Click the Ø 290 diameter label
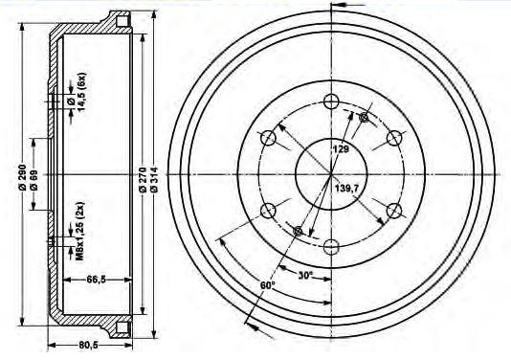[22, 175]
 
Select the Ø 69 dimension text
[33, 180]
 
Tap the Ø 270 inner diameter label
[143, 180]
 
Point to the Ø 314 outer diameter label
[154, 179]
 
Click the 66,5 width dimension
[97, 280]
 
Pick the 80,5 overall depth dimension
[88, 345]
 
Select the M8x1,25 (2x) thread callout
[80, 231]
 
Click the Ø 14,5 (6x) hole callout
[77, 92]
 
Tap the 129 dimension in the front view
[341, 149]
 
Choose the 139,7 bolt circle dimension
[346, 189]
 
